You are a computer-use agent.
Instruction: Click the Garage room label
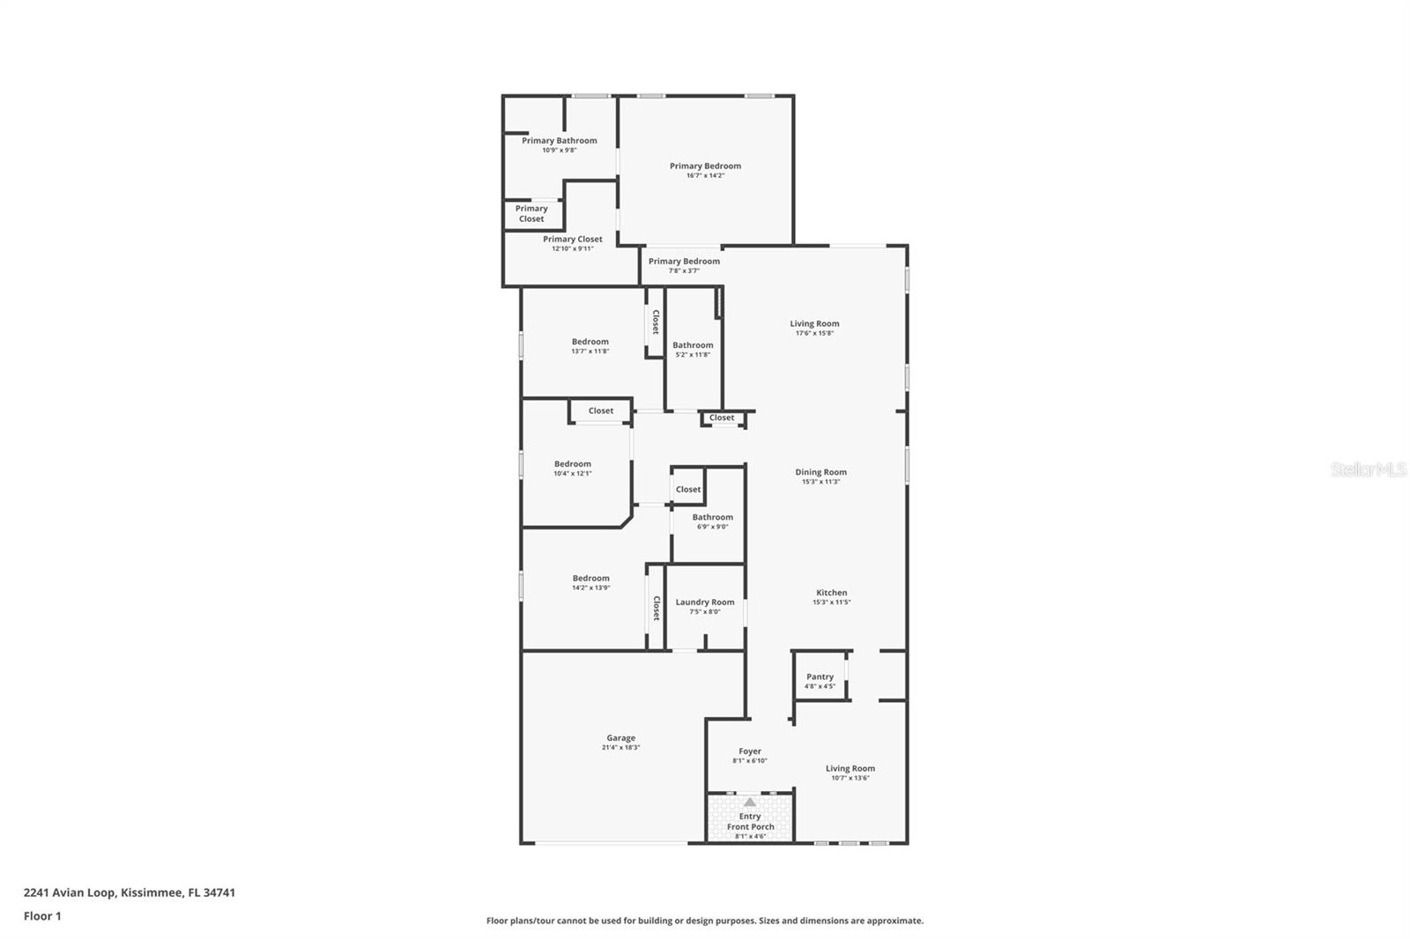click(x=620, y=738)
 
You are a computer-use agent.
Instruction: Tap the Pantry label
click(x=820, y=677)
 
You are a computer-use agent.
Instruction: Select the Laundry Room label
click(x=704, y=603)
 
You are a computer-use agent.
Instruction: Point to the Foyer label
click(x=750, y=751)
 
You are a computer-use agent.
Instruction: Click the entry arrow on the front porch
click(x=750, y=802)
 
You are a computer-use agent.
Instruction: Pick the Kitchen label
click(x=831, y=593)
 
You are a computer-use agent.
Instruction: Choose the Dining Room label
click(x=820, y=472)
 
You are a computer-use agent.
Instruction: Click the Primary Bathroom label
click(x=559, y=140)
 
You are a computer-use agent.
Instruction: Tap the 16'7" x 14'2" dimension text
click(x=705, y=175)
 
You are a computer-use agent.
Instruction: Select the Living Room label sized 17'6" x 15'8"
click(x=814, y=323)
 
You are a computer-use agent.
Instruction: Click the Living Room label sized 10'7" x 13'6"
click(x=850, y=768)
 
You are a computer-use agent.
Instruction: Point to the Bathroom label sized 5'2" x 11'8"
click(x=693, y=345)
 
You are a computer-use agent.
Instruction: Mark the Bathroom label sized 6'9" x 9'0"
click(x=712, y=517)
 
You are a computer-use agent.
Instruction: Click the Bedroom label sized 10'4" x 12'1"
click(x=572, y=464)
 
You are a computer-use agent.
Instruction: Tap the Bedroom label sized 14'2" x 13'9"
click(x=590, y=579)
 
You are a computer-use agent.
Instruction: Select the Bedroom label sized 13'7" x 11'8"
click(x=590, y=342)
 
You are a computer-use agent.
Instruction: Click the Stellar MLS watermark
click(x=1368, y=470)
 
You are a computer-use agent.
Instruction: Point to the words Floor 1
click(x=42, y=916)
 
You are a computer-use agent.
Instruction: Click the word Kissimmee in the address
click(x=150, y=892)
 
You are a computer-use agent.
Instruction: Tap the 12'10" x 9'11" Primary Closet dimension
click(x=572, y=248)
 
